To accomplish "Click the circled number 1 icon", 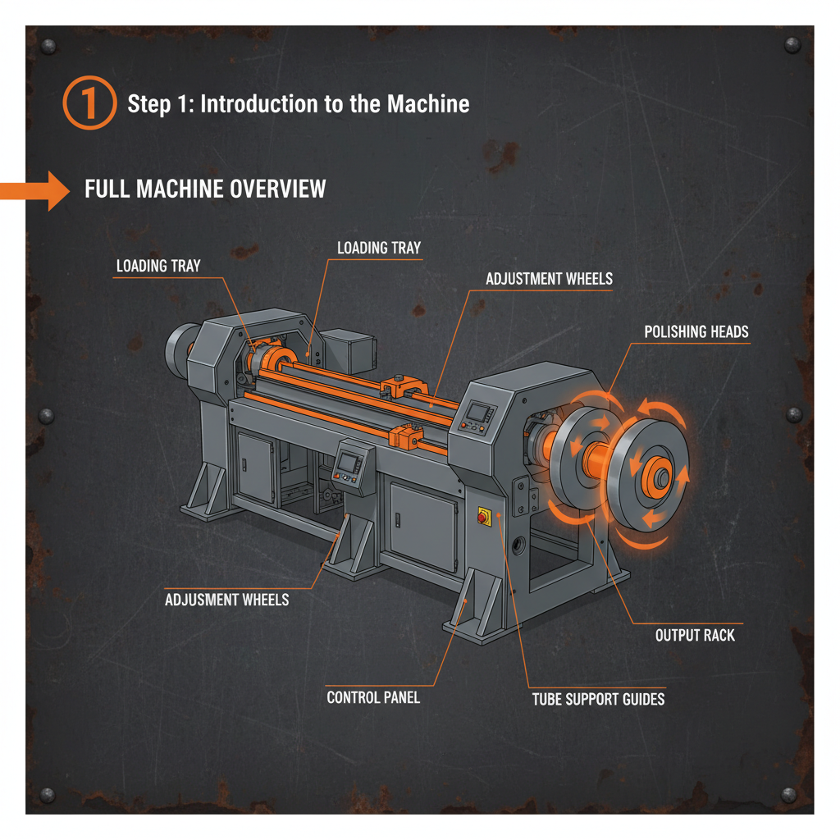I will coord(90,104).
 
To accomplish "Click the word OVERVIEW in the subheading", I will coord(277,189).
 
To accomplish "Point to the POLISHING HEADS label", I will coord(696,331).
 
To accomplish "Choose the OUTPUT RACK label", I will coord(695,635).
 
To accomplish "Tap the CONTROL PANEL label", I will coord(373,697).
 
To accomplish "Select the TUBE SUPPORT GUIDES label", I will coord(598,699).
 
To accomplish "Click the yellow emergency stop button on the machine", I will coord(482,516).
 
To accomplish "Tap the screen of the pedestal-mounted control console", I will coord(348,462).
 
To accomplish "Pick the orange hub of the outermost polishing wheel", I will coord(656,474).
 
